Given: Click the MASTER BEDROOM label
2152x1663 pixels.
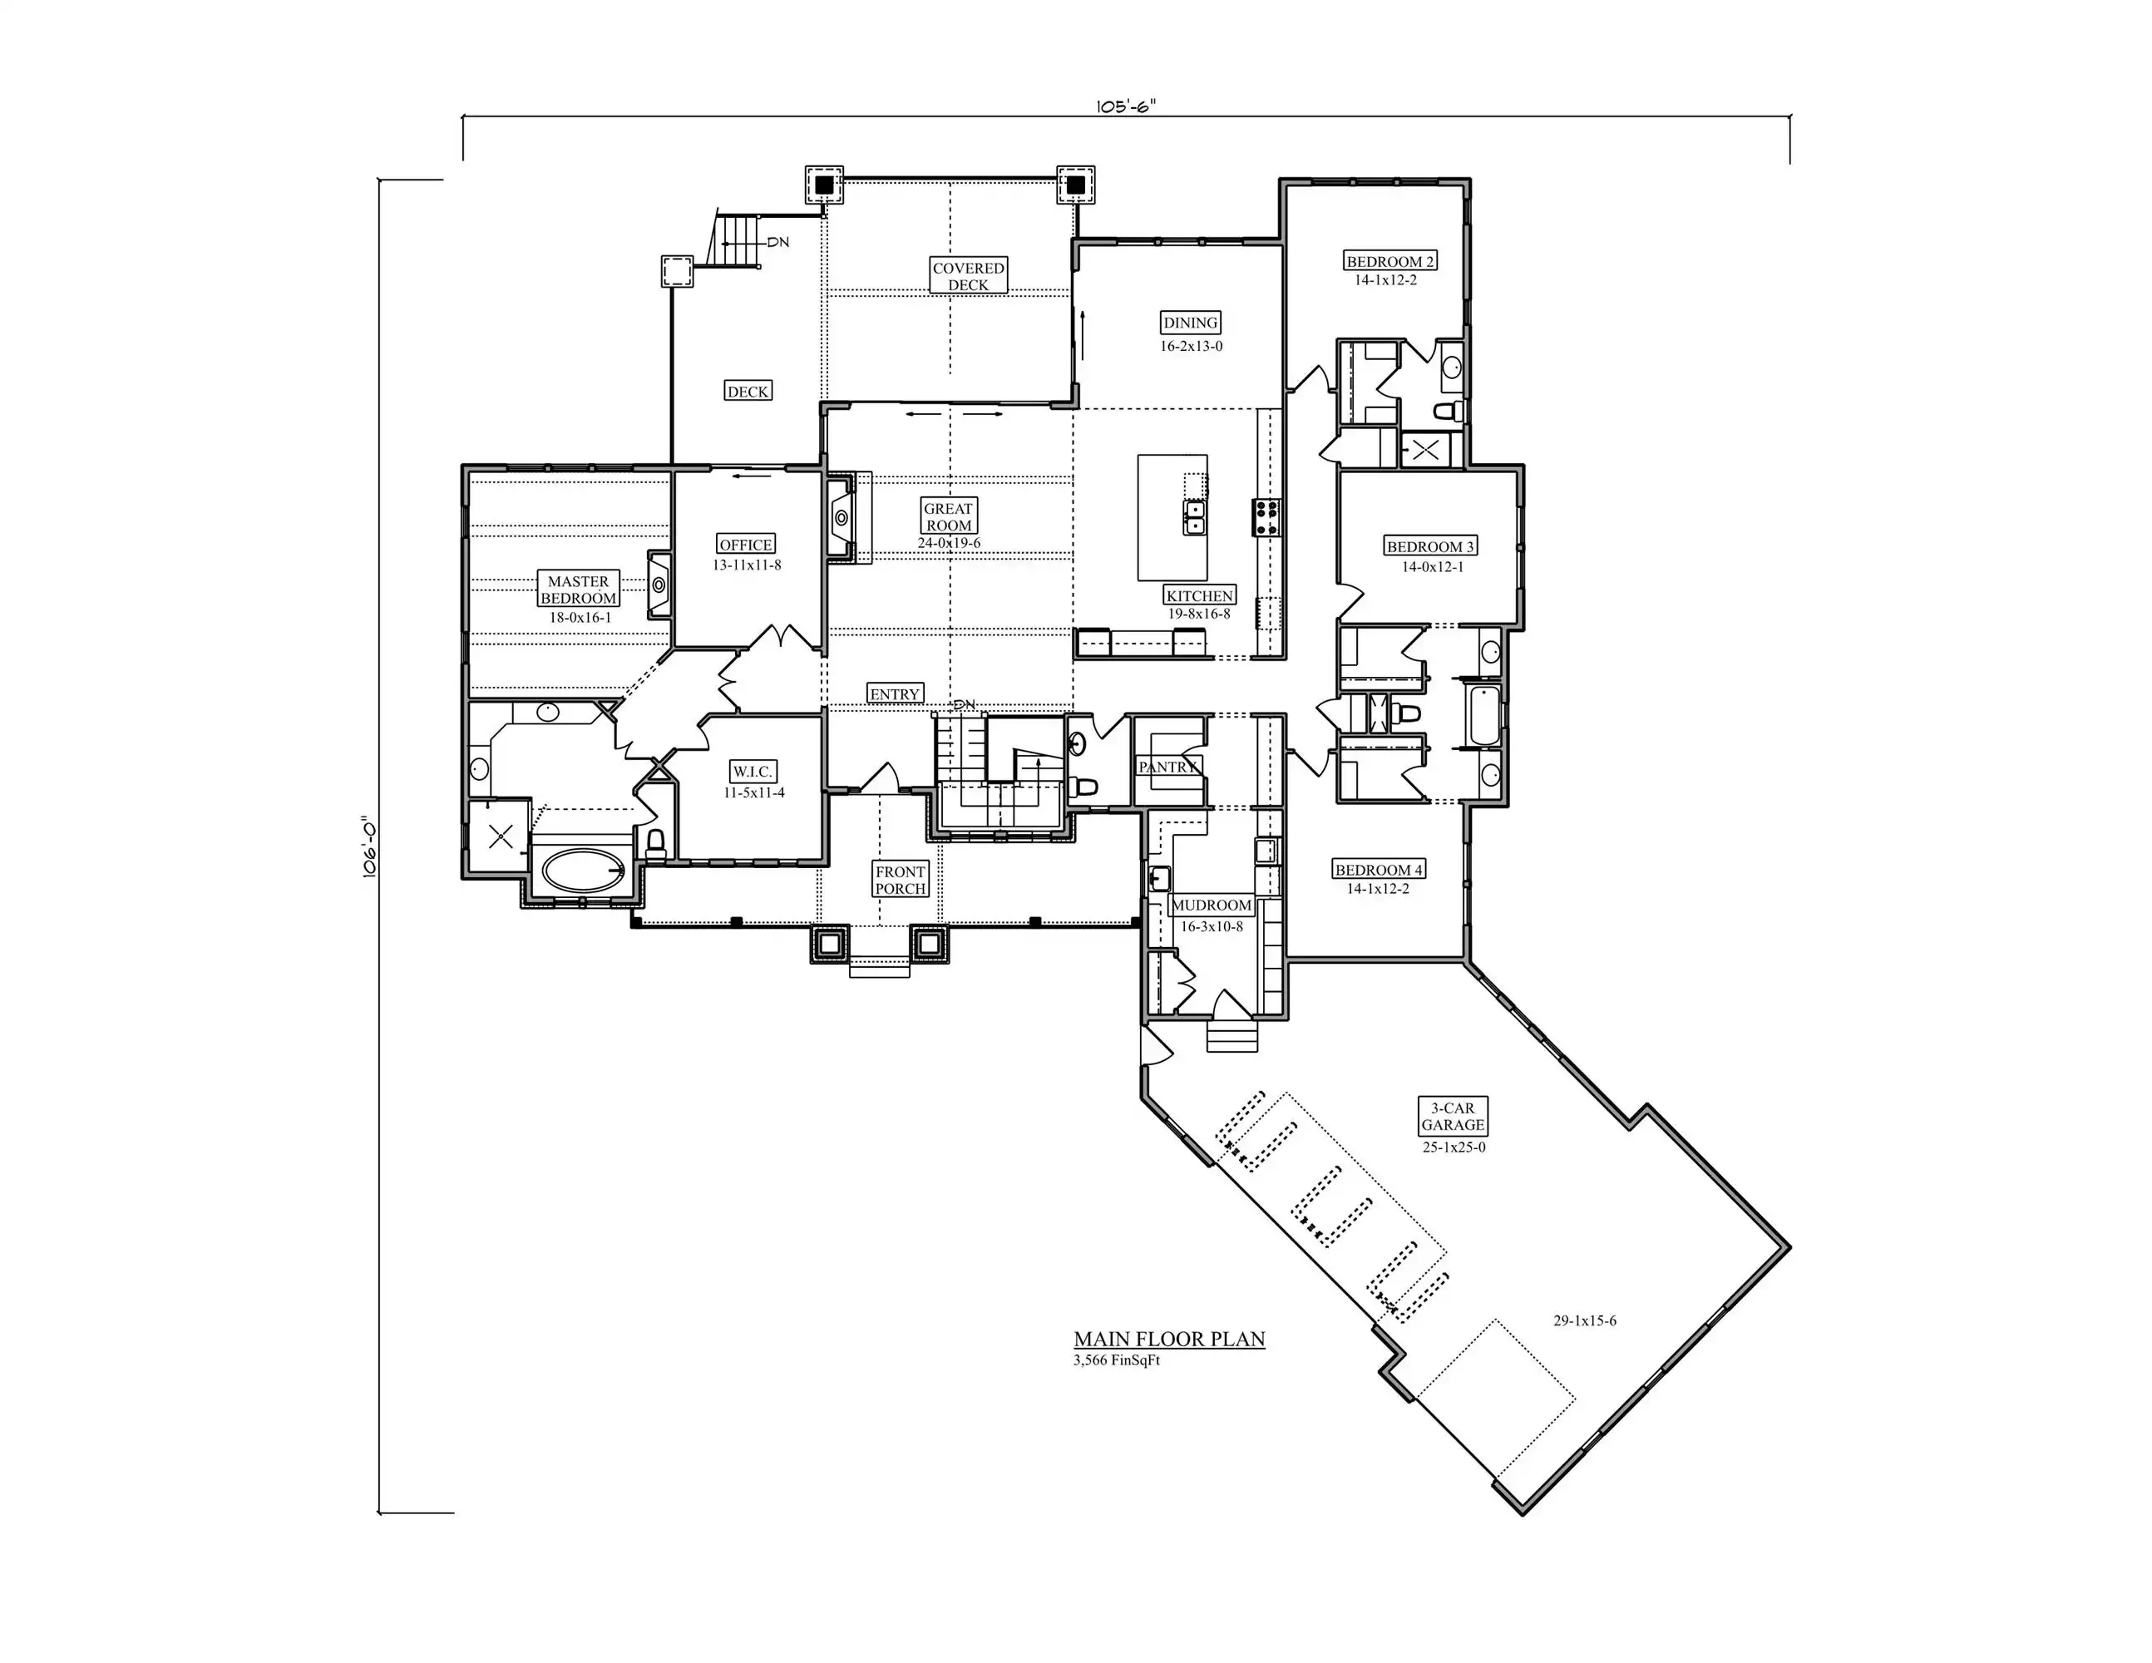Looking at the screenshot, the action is tap(579, 590).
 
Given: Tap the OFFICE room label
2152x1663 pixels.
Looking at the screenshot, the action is tap(746, 545).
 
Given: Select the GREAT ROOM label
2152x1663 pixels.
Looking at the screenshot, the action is tap(949, 516).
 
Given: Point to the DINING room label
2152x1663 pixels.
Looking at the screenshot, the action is tap(1190, 322).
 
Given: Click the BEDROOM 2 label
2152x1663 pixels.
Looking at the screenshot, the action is tap(1390, 261).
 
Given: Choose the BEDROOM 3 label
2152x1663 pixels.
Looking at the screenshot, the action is tap(1431, 547).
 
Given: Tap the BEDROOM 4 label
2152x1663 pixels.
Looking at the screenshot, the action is tap(1379, 870).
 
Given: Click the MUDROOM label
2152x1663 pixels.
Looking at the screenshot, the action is tap(1211, 906).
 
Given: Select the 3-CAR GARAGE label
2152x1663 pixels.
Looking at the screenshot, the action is tap(1453, 1116).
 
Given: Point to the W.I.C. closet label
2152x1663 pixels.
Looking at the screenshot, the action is tap(753, 772).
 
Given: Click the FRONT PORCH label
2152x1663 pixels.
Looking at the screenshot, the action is tap(901, 880).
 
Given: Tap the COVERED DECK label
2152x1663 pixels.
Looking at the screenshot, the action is tap(969, 276).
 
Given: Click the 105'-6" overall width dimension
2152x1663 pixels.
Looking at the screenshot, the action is tap(1125, 106).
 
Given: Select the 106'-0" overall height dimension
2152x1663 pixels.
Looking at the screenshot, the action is tap(369, 846).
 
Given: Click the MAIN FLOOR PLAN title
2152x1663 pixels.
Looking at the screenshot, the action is tap(1170, 1339).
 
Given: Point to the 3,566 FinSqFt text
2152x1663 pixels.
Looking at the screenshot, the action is tap(1118, 1360).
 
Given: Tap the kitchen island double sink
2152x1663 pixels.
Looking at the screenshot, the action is tap(1194, 517).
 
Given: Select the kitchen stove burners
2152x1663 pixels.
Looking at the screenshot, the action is tap(1266, 517).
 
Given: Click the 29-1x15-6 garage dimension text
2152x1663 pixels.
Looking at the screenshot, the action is tap(1586, 1320).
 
